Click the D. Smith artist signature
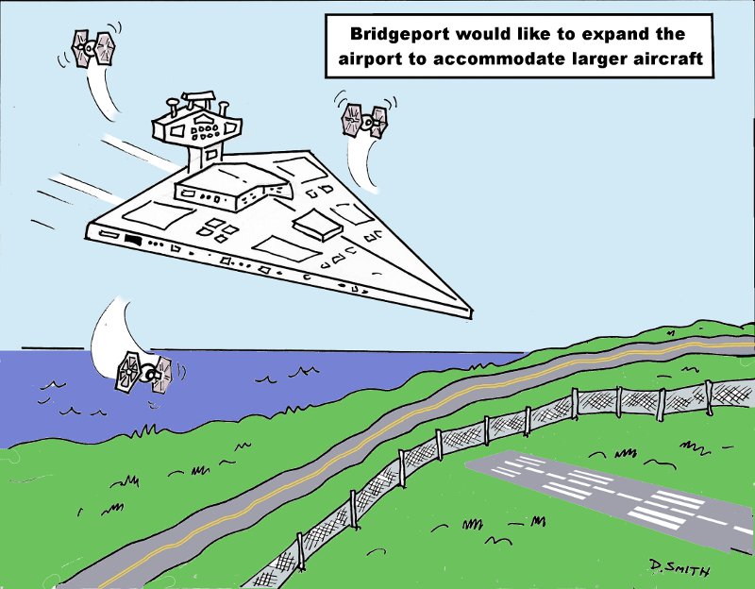(x=679, y=568)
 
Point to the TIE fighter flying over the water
(x=143, y=372)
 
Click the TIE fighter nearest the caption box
(x=365, y=120)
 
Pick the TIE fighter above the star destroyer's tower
(x=93, y=47)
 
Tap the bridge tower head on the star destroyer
(x=196, y=122)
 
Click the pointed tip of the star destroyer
(x=471, y=313)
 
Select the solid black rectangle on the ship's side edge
(x=132, y=239)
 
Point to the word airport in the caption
(x=369, y=59)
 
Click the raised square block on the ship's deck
(x=318, y=225)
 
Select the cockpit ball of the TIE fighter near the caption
(x=367, y=123)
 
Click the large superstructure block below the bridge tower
(x=231, y=187)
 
